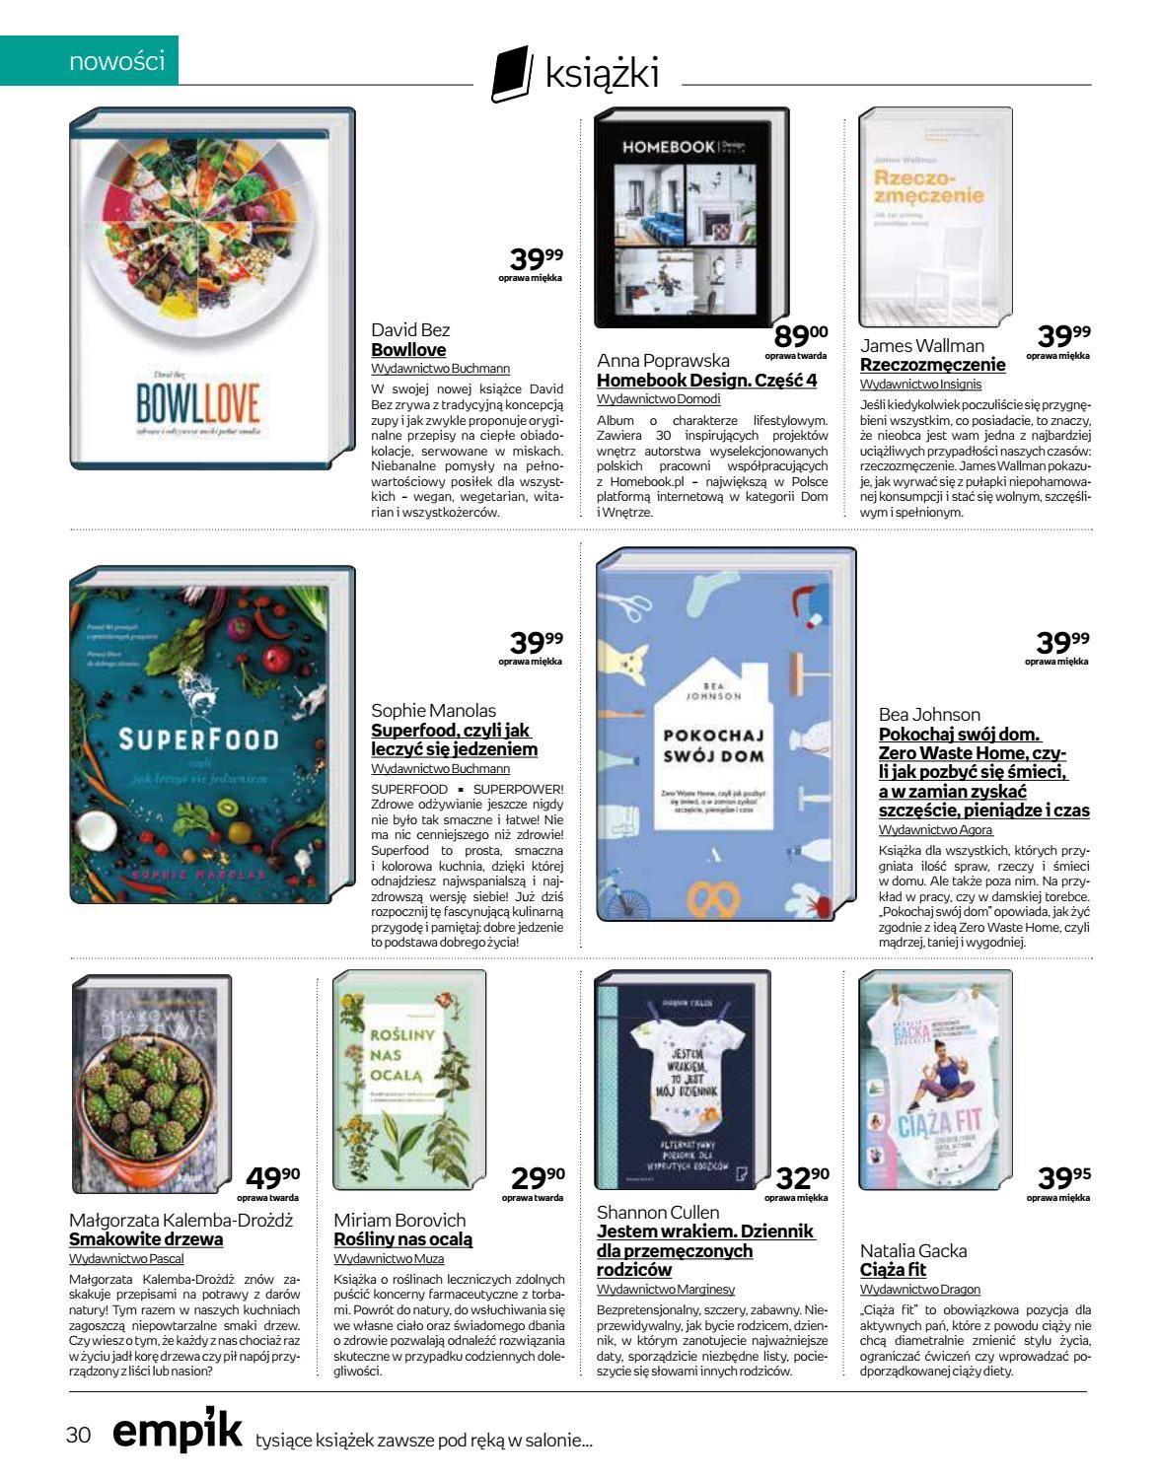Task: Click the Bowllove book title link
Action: [408, 350]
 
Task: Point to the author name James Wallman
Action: [922, 346]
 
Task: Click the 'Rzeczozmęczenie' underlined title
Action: [933, 365]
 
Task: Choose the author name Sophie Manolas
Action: [433, 711]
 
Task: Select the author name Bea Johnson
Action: [929, 715]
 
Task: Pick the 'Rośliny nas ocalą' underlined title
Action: [403, 1239]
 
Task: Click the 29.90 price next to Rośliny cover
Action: [538, 1178]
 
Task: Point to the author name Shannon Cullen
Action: [659, 1212]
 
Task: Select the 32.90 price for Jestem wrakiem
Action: [802, 1178]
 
